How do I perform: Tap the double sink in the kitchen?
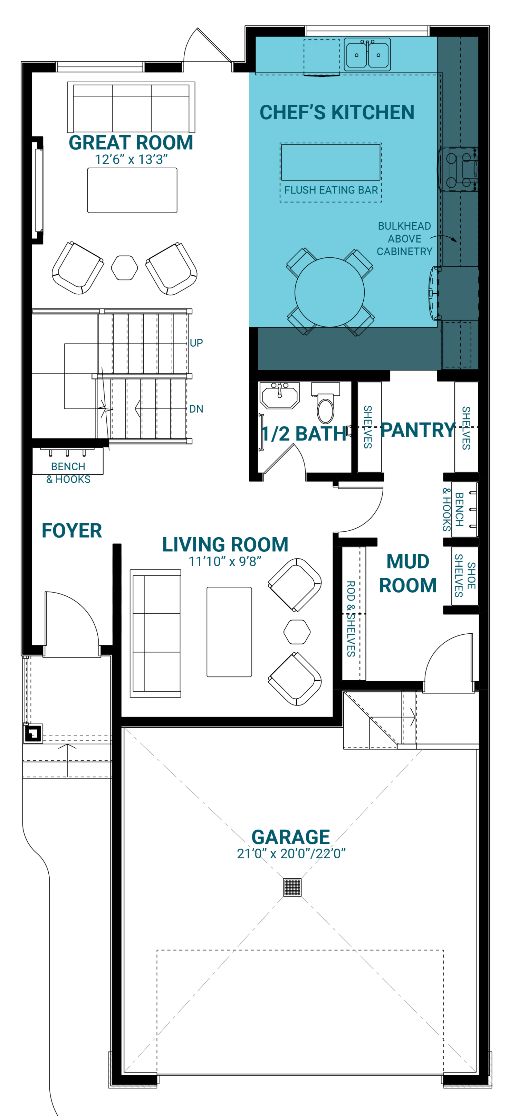tap(367, 55)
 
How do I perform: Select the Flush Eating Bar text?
tap(331, 190)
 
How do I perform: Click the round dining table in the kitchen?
tap(329, 292)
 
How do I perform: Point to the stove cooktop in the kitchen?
tap(458, 169)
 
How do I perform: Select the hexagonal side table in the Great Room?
tap(124, 268)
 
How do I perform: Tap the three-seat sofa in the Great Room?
tap(131, 107)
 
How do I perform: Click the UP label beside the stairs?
tap(196, 343)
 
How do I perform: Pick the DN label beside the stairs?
tap(196, 409)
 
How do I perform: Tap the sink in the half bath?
tap(280, 395)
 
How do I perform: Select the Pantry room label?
tap(418, 430)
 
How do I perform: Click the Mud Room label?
tap(407, 573)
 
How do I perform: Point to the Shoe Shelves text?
tap(465, 575)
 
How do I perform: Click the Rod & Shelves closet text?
tap(351, 619)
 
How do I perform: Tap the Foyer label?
tap(72, 531)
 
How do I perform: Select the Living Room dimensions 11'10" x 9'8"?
tap(225, 561)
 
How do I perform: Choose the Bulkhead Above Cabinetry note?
tap(404, 239)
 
